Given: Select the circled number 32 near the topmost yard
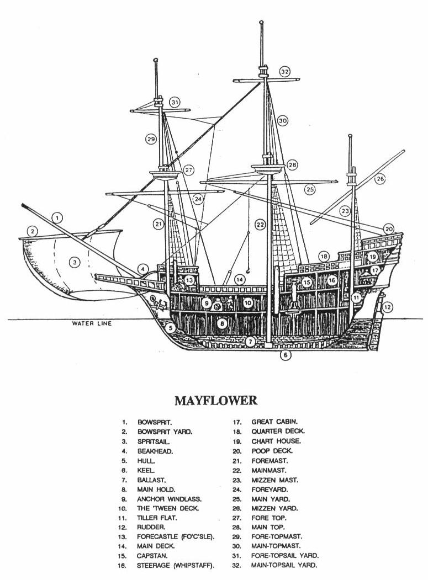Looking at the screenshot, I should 284,72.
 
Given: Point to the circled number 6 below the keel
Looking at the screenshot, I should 285,355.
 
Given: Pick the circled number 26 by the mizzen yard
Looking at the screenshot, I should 380,179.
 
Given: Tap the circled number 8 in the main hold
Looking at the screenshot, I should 221,324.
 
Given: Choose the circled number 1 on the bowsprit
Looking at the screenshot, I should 59,217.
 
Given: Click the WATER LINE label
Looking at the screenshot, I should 92,323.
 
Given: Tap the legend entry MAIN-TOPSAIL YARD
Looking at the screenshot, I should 284,565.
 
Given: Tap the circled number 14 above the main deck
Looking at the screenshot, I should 240,280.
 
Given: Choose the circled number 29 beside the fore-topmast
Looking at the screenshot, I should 151,139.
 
